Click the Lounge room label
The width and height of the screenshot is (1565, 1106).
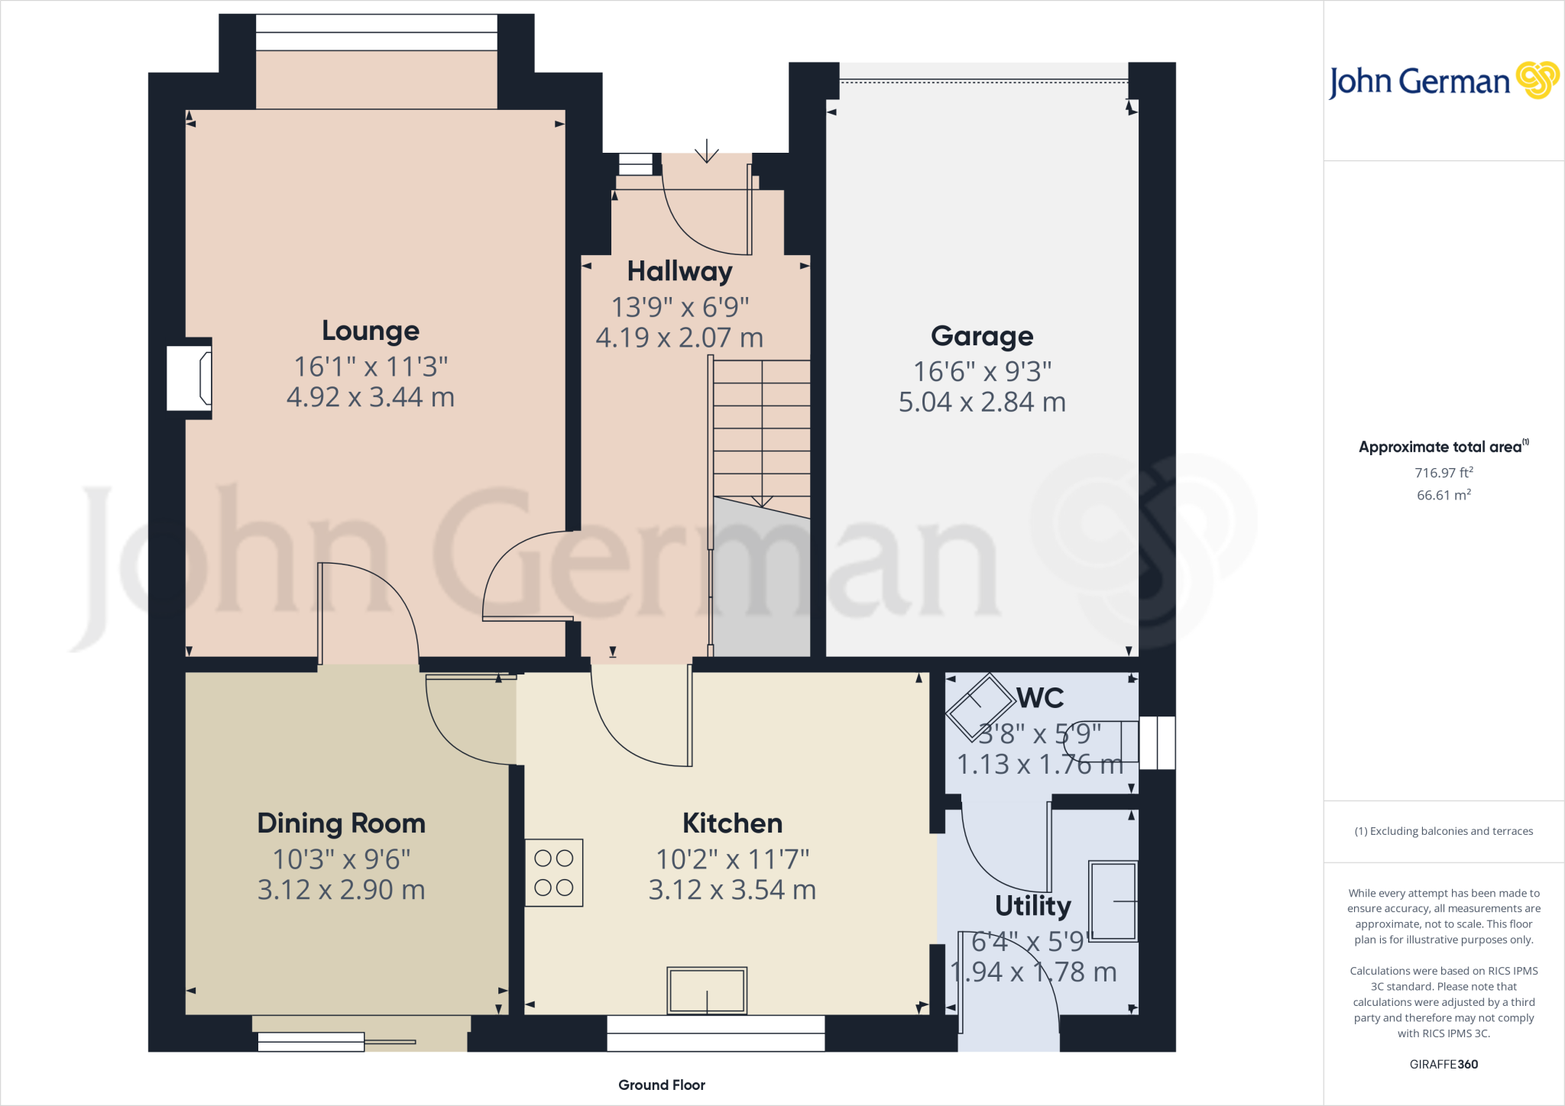pyautogui.click(x=371, y=331)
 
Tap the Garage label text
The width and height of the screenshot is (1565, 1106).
pyautogui.click(x=982, y=336)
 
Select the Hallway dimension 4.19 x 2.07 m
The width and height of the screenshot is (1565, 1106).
pyautogui.click(x=679, y=338)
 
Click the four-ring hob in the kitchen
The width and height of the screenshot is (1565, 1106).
pyautogui.click(x=554, y=873)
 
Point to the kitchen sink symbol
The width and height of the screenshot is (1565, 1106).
pyautogui.click(x=707, y=991)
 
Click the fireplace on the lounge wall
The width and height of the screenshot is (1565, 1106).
pyautogui.click(x=190, y=378)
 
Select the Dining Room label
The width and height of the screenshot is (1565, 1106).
pyautogui.click(x=341, y=823)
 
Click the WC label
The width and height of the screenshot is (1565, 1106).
pyautogui.click(x=1040, y=698)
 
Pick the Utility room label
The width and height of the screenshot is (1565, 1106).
pyautogui.click(x=1032, y=906)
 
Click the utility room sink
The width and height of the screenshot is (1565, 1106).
pyautogui.click(x=1113, y=901)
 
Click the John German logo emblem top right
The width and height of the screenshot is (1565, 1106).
pyautogui.click(x=1537, y=80)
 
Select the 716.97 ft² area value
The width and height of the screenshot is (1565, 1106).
pyautogui.click(x=1443, y=473)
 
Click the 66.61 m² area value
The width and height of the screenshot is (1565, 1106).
pyautogui.click(x=1443, y=495)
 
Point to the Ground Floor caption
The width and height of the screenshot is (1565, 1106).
pyautogui.click(x=662, y=1085)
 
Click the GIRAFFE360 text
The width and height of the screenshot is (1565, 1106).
pyautogui.click(x=1443, y=1064)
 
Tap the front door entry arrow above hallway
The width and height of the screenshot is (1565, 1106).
pyautogui.click(x=707, y=151)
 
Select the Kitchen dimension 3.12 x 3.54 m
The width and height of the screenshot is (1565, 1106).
pyautogui.click(x=732, y=890)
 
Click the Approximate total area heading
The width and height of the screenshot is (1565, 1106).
pyautogui.click(x=1440, y=448)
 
